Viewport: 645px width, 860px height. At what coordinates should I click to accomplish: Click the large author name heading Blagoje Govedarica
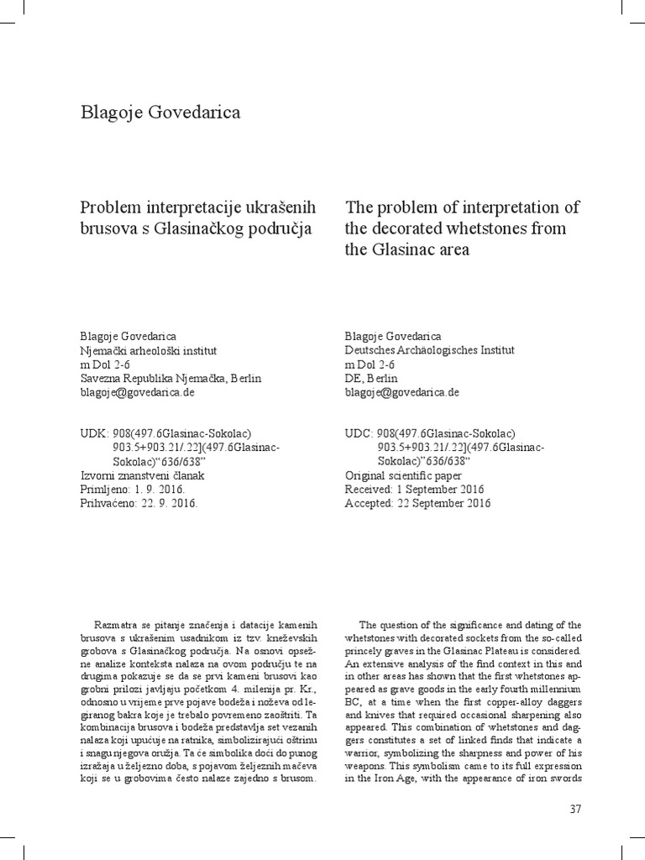tap(160, 113)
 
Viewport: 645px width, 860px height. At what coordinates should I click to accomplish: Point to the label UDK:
tap(94, 433)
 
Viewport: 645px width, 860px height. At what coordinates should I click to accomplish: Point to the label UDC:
tap(359, 433)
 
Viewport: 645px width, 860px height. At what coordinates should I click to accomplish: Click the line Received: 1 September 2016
tap(415, 490)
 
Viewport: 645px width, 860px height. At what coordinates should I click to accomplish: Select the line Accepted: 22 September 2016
tap(417, 503)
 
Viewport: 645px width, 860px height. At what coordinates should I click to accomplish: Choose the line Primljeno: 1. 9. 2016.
tap(131, 490)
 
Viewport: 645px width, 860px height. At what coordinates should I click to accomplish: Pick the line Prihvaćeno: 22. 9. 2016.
tap(138, 503)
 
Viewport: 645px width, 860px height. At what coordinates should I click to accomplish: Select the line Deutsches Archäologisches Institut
tap(430, 350)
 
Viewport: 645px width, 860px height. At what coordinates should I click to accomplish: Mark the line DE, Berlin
tap(372, 378)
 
